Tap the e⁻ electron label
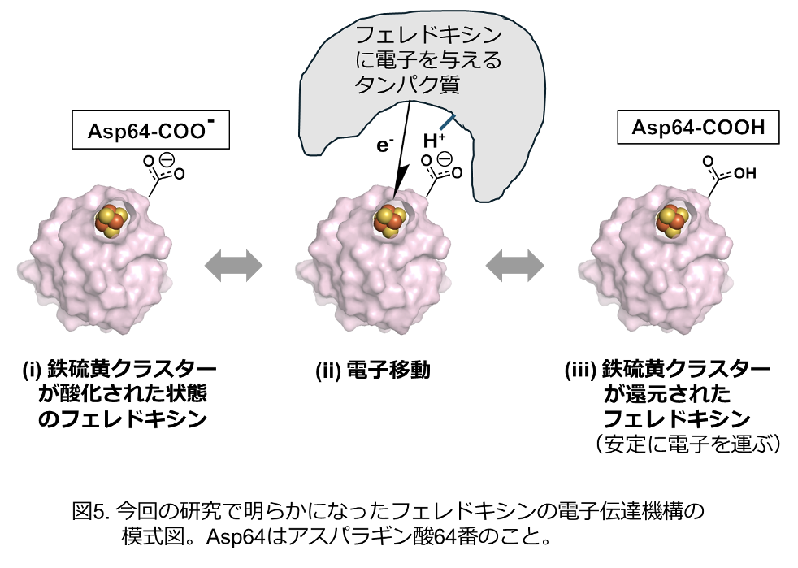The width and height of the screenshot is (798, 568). pos(384,146)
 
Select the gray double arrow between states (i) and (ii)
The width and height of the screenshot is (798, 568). pos(233,265)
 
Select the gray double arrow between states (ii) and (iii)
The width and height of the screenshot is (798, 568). pos(514,265)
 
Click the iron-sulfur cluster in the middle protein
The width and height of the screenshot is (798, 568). pos(389,220)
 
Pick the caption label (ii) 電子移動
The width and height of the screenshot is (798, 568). pos(372,371)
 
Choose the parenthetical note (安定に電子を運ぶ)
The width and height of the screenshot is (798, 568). pos(687,443)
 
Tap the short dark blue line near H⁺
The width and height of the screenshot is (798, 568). pos(447,123)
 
